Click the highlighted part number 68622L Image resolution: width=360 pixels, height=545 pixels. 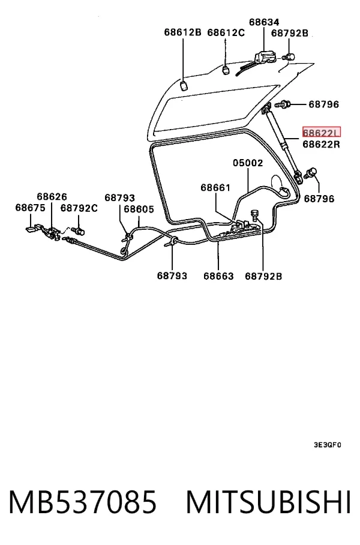pos(322,132)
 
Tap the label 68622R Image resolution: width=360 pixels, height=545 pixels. pos(322,144)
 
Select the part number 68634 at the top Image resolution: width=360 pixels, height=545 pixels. pos(264,22)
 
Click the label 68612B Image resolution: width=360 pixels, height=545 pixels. pos(182,32)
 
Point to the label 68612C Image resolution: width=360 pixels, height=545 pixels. pos(226,32)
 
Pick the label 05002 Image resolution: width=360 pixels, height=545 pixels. pos(248,163)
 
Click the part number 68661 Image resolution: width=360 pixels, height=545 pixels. pos(215,187)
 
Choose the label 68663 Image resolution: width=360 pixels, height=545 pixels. pos(218,276)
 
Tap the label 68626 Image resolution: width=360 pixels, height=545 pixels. pos(52,197)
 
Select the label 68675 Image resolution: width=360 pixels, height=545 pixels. pos(30,208)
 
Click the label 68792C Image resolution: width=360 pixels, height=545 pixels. pos(79,208)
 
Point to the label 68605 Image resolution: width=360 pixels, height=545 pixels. pos(139,209)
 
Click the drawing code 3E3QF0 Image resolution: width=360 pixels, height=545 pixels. pos(328,445)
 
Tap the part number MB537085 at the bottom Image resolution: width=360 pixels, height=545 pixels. pos(83,502)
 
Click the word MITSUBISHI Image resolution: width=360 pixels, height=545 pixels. pos(268,502)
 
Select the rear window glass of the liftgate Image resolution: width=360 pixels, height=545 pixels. pos(215,108)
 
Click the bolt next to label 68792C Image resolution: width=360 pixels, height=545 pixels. pos(79,230)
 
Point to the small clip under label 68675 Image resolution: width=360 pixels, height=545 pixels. pos(32,227)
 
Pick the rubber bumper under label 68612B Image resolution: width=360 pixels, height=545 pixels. pos(184,85)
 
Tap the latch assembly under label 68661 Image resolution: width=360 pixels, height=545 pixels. pos(243,226)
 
